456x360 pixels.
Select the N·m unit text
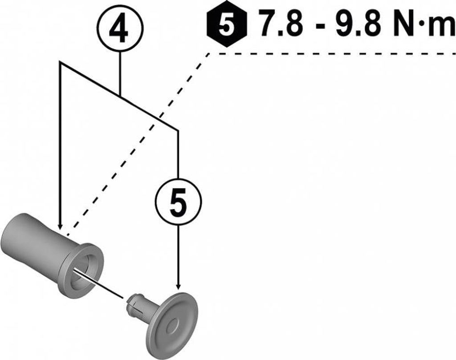(x=424, y=26)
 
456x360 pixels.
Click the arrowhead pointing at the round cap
(x=178, y=286)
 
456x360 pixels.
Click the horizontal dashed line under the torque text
(x=334, y=53)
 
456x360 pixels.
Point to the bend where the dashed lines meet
(x=210, y=53)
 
